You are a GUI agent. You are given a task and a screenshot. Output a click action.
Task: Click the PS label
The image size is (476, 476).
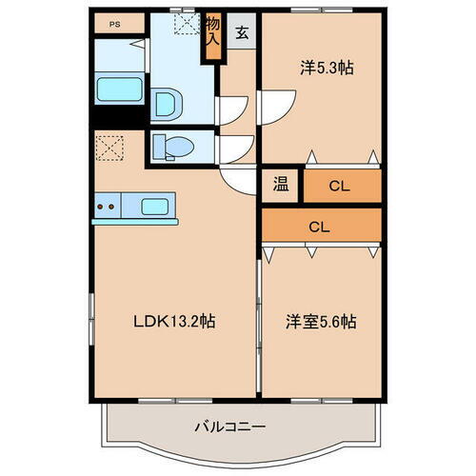click(x=113, y=24)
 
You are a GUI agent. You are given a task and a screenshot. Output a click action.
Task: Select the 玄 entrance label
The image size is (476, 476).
click(x=242, y=33)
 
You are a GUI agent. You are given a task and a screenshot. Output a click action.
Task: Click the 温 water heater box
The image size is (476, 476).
click(x=282, y=186)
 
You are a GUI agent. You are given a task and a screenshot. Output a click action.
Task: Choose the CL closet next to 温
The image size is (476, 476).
click(x=340, y=186)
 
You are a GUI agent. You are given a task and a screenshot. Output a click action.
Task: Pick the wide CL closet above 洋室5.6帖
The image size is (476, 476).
click(x=321, y=227)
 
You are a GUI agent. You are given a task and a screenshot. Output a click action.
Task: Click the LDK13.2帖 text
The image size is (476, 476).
click(x=173, y=321)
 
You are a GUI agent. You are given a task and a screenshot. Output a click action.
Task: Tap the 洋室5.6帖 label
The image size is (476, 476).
click(x=320, y=321)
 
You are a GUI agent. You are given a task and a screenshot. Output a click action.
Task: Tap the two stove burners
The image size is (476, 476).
click(x=107, y=205)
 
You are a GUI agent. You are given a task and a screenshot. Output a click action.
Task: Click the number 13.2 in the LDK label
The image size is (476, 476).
click(x=183, y=321)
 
